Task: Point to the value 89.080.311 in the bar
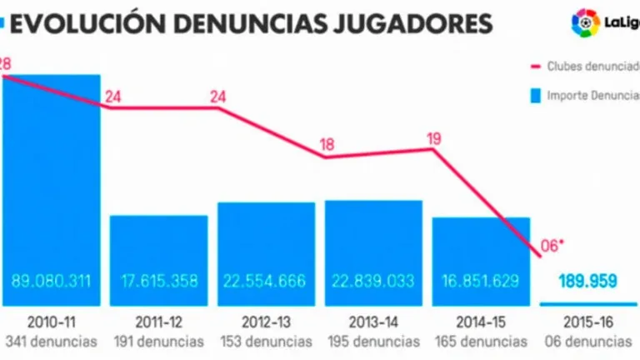(x=51, y=281)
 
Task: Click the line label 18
(x=327, y=144)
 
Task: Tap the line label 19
(x=433, y=138)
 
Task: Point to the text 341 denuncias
(x=51, y=342)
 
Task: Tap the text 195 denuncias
(x=373, y=342)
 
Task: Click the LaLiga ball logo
(x=585, y=22)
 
